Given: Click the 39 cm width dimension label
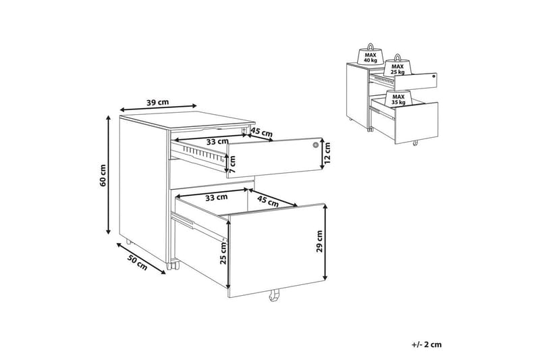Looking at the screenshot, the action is (x=158, y=102).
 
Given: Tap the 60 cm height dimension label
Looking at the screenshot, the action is (x=103, y=176).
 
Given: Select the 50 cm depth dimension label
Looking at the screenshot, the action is (x=137, y=262).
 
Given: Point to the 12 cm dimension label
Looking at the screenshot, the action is (x=327, y=153).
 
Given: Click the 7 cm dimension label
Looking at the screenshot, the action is (x=232, y=164).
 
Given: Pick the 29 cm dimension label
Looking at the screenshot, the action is (x=320, y=241).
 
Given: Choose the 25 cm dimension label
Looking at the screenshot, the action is (x=223, y=253).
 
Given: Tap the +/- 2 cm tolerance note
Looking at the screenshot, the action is (x=427, y=344).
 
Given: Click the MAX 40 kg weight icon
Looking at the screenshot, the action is (x=370, y=55).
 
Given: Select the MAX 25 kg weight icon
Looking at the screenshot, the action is (x=398, y=66).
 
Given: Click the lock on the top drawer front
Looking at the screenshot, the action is (x=315, y=145).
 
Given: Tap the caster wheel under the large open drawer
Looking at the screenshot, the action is (x=273, y=296).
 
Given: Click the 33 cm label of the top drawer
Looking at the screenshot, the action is (x=217, y=142).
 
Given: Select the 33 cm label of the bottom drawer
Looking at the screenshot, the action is (x=216, y=197).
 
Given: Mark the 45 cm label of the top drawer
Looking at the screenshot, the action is (x=261, y=132).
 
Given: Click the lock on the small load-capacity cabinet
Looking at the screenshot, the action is (x=434, y=76).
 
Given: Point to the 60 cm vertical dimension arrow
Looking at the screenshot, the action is (x=109, y=175).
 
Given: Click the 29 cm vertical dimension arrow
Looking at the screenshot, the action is (x=325, y=242).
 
